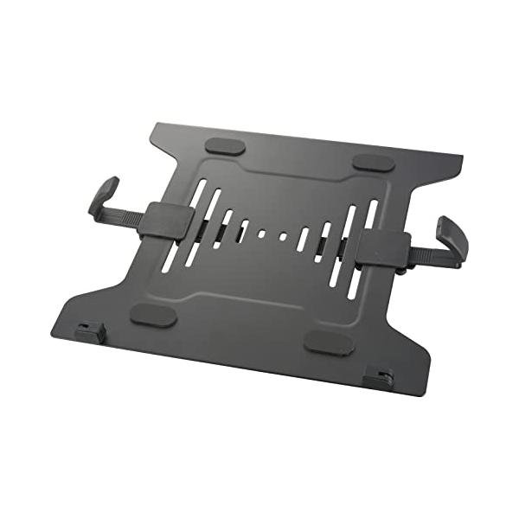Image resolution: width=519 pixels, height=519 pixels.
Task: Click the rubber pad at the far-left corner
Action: (224, 146)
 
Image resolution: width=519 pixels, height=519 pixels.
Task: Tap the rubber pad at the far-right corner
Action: (374, 162)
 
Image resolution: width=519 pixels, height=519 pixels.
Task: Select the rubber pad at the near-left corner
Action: (153, 314)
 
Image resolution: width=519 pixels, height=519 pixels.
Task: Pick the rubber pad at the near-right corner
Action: (330, 343)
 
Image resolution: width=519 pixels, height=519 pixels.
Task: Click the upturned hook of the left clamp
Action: (103, 195)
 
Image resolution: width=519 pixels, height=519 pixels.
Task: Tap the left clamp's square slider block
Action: (165, 221)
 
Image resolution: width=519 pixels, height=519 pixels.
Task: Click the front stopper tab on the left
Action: (90, 332)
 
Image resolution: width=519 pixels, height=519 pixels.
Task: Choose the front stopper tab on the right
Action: (378, 378)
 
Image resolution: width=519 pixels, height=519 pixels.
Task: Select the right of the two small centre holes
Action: (283, 234)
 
